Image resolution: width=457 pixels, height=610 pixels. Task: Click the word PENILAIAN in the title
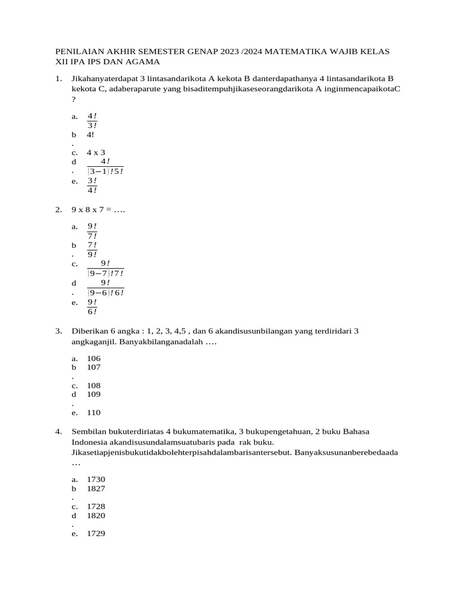(x=79, y=52)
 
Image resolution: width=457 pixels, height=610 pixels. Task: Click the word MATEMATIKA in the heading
(x=292, y=52)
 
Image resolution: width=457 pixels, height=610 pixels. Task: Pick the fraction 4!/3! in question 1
(x=92, y=120)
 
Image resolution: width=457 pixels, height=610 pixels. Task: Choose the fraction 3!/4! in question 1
(x=92, y=185)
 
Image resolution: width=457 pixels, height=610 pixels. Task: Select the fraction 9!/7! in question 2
(x=92, y=231)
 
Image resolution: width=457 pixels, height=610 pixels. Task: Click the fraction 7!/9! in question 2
(x=92, y=250)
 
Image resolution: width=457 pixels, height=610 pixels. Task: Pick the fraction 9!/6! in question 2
(x=92, y=307)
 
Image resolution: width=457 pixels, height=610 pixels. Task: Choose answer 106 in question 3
(x=94, y=359)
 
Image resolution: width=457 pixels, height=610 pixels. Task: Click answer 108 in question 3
(x=94, y=385)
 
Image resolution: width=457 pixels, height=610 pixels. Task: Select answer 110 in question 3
(x=94, y=412)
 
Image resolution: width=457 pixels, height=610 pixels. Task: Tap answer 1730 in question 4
(x=96, y=479)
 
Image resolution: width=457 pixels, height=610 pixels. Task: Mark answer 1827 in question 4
(x=96, y=488)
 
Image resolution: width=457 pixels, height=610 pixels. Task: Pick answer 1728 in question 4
(x=96, y=506)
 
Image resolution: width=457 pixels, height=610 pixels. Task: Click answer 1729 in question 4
(x=96, y=534)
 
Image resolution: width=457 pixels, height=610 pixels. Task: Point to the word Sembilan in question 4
(x=88, y=431)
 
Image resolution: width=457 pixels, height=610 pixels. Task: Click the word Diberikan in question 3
(x=89, y=331)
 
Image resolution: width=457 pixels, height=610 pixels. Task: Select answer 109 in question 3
(x=94, y=394)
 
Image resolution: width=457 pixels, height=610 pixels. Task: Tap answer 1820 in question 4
(x=96, y=516)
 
